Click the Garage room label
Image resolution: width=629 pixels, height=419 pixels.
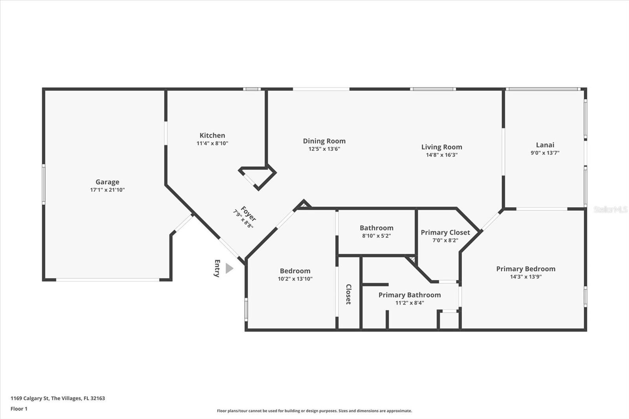tap(107, 182)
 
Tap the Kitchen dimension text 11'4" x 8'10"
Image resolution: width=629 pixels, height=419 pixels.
tap(212, 143)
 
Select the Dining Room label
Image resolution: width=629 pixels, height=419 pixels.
tap(324, 141)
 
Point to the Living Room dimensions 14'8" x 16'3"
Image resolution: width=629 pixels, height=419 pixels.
tap(442, 155)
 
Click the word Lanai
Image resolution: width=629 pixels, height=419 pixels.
tap(545, 145)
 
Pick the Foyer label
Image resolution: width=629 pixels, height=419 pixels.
tap(248, 214)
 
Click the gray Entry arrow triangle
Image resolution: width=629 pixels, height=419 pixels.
tap(229, 268)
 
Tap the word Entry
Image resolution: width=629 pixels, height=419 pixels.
tap(217, 268)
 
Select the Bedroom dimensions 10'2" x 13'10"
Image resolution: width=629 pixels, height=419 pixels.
tap(295, 279)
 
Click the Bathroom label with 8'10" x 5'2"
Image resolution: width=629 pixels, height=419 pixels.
tap(377, 228)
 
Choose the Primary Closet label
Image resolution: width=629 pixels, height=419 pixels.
tap(445, 233)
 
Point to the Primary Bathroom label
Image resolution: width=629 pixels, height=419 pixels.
tap(410, 295)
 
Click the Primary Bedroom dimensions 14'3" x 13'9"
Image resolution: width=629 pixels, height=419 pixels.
tap(526, 277)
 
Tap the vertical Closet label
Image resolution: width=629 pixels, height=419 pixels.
tap(348, 294)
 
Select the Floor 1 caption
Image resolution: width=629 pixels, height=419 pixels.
tap(19, 409)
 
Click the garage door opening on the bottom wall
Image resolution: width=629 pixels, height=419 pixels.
tap(108, 280)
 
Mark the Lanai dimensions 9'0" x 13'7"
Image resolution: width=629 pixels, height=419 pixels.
tap(545, 153)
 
